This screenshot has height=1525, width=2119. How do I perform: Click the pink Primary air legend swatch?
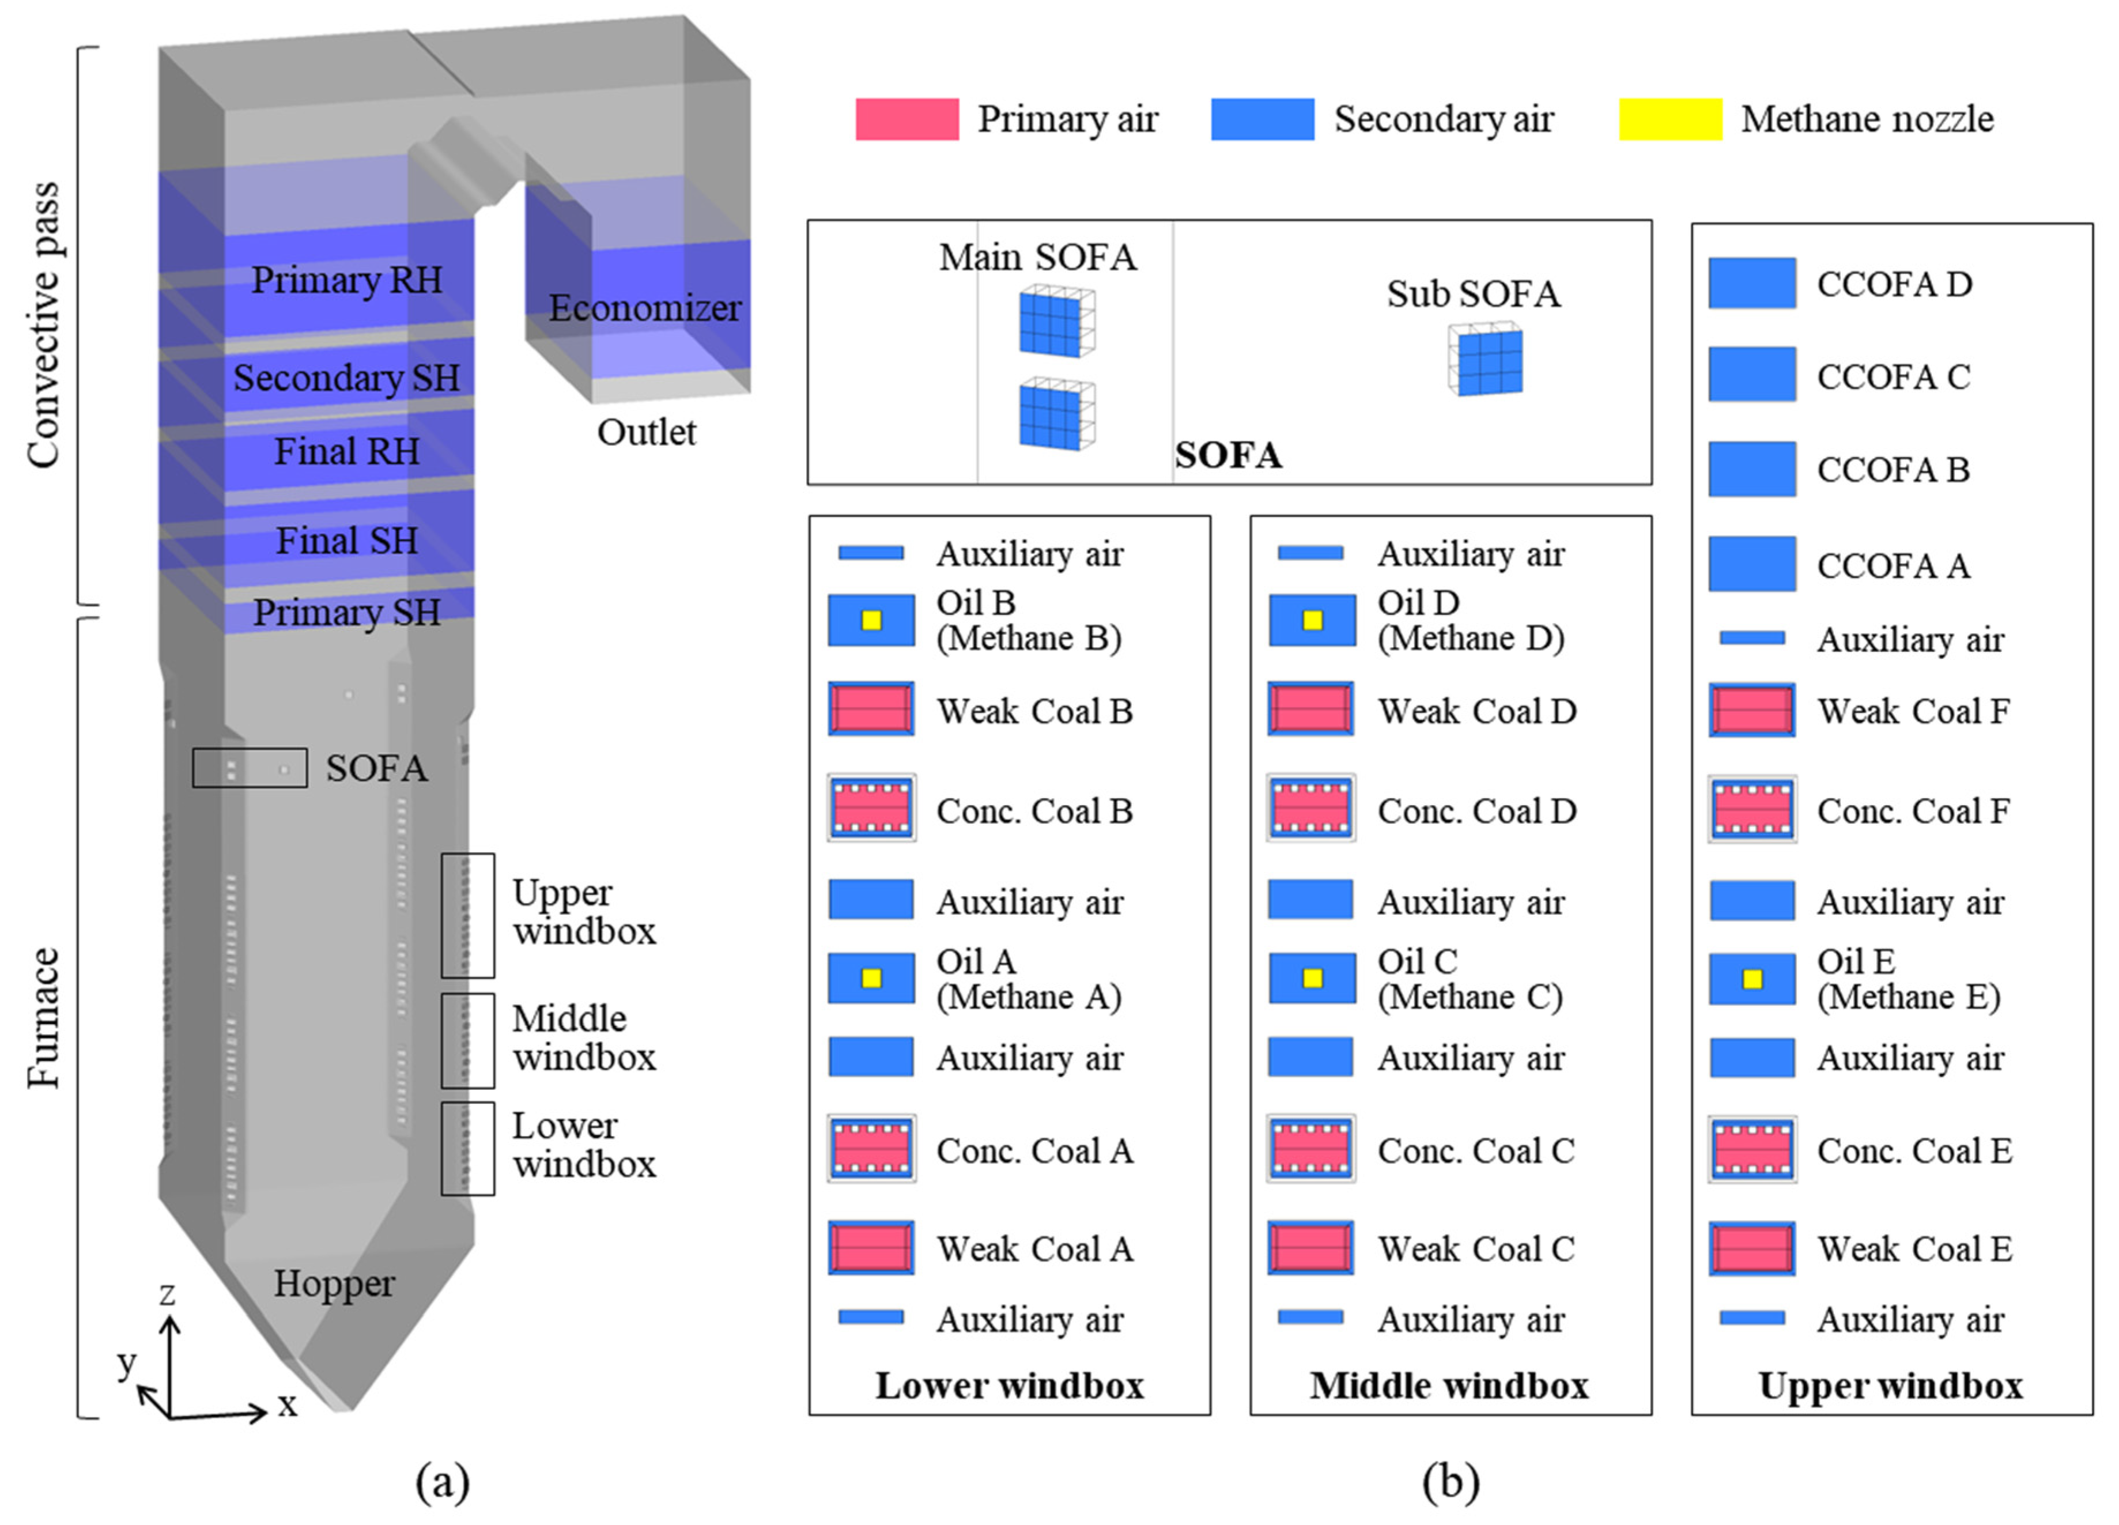tap(906, 120)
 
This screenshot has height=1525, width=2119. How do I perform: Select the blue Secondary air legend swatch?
tap(1262, 120)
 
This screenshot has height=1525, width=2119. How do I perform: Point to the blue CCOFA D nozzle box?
tap(1752, 283)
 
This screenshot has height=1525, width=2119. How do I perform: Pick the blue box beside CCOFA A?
tap(1752, 564)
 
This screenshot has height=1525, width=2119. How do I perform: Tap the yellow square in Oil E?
tap(1752, 979)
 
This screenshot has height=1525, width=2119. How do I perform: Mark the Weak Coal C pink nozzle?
tap(1311, 1248)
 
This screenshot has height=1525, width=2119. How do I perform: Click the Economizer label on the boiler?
tap(645, 308)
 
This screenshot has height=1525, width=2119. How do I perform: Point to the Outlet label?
tap(647, 433)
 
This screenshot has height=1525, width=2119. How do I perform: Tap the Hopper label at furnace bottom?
tap(334, 1284)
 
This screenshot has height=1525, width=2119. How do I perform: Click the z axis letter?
tap(167, 1294)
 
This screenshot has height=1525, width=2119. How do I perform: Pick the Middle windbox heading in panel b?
tap(1449, 1386)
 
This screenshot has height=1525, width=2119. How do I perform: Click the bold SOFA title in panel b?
tap(1227, 456)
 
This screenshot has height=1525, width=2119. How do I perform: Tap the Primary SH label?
tap(346, 613)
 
